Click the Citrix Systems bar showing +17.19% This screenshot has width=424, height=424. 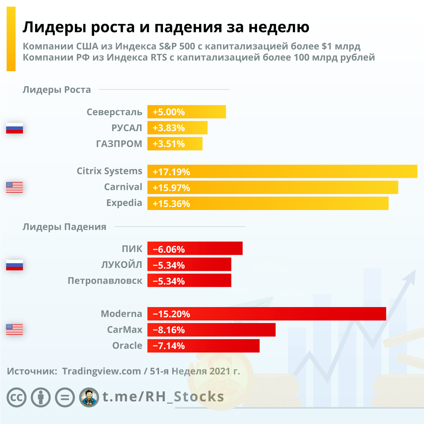[282, 172]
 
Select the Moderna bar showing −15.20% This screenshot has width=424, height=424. [266, 314]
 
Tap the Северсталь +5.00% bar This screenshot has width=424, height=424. [186, 112]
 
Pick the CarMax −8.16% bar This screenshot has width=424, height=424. [211, 330]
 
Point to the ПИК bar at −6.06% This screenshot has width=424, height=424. [194, 249]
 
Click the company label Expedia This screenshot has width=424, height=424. [124, 203]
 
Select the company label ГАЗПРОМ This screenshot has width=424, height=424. [119, 144]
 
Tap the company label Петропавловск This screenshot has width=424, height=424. [105, 281]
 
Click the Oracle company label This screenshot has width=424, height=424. [127, 345]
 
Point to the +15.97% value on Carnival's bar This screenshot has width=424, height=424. [171, 188]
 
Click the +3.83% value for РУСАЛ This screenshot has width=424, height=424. [169, 128]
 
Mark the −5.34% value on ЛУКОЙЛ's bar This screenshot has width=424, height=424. [169, 265]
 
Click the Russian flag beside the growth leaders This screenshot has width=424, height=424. [15, 128]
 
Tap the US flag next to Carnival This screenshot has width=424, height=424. [15, 187]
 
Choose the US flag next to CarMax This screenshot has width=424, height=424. [15, 330]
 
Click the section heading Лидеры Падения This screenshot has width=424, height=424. [64, 227]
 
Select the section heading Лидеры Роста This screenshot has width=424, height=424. [57, 90]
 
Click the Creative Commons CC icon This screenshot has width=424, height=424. [17, 397]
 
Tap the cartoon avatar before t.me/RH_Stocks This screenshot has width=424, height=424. [89, 397]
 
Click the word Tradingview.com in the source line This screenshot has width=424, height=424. [101, 371]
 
